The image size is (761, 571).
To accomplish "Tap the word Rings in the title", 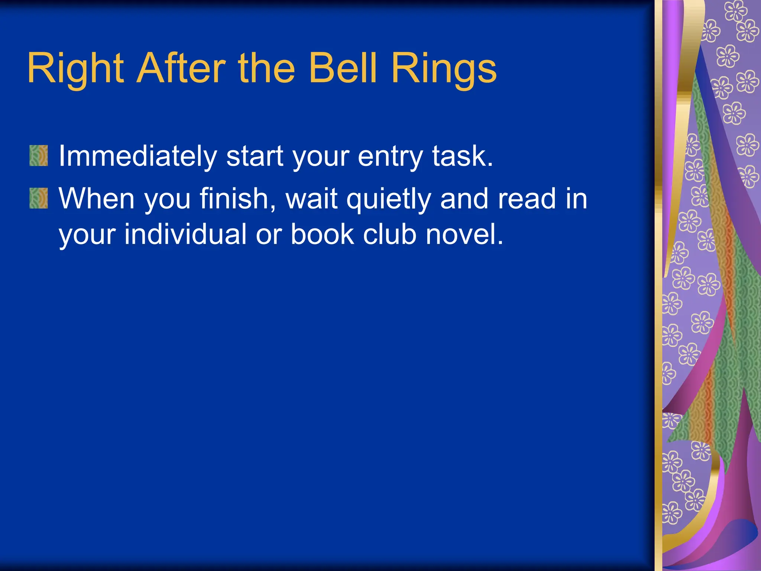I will (444, 69).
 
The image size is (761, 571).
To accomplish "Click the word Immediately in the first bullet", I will (137, 156).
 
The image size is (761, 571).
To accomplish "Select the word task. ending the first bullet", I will (463, 156).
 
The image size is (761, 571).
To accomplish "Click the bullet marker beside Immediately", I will (39, 155).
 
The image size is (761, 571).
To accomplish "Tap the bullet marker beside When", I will (39, 198).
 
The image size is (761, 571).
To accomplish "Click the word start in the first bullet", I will (255, 156).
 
